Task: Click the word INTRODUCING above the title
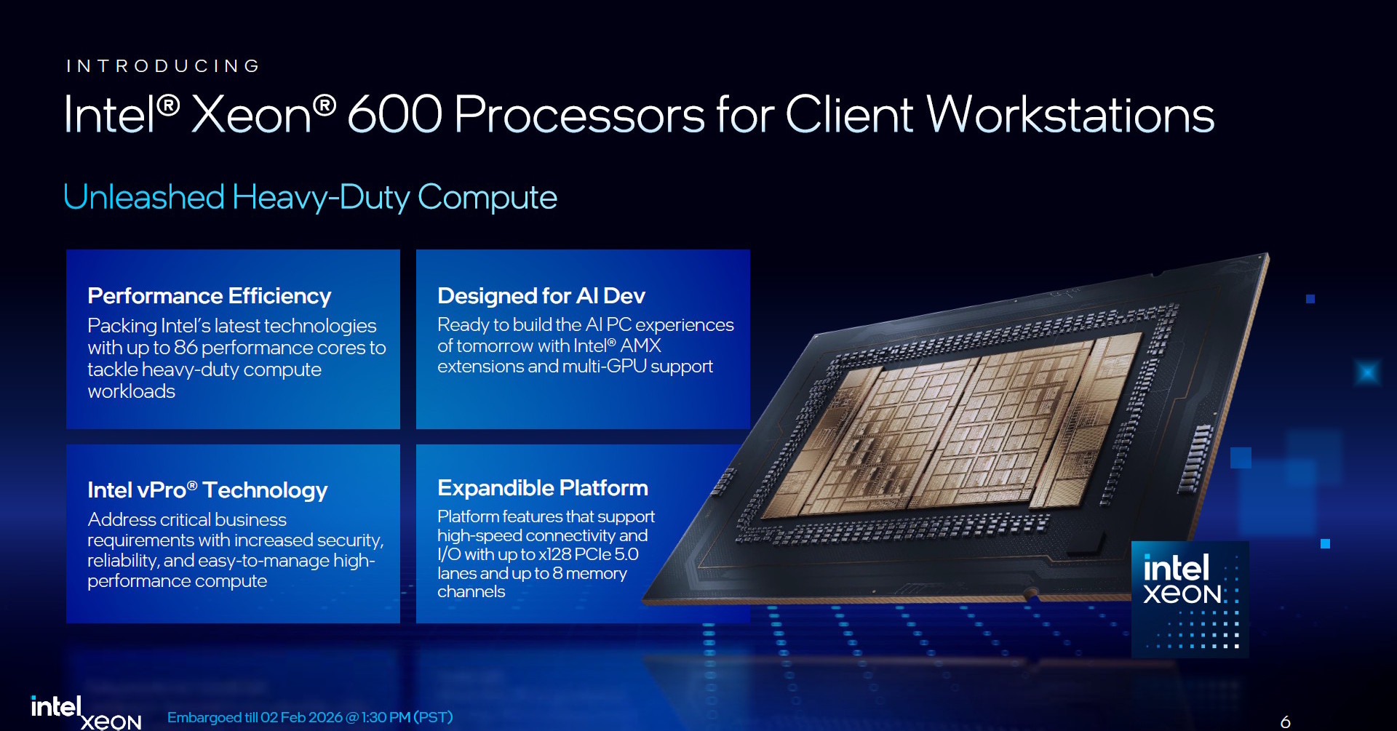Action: pyautogui.click(x=163, y=66)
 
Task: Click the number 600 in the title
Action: pyautogui.click(x=394, y=115)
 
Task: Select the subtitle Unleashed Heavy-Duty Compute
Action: pyautogui.click(x=310, y=197)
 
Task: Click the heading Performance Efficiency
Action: pyautogui.click(x=209, y=296)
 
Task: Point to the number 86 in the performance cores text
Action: pyautogui.click(x=186, y=348)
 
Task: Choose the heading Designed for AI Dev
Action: pyautogui.click(x=541, y=296)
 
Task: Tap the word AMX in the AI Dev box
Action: pyautogui.click(x=640, y=345)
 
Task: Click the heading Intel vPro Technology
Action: pyautogui.click(x=207, y=490)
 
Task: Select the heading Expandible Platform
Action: pyautogui.click(x=542, y=488)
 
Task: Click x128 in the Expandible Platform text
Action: pyautogui.click(x=554, y=554)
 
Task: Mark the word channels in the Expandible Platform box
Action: pyautogui.click(x=471, y=592)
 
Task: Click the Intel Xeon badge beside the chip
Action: pyautogui.click(x=1190, y=599)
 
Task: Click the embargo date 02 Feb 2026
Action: pyautogui.click(x=301, y=718)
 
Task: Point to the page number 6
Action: pyautogui.click(x=1285, y=722)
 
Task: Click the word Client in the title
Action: pyautogui.click(x=848, y=115)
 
